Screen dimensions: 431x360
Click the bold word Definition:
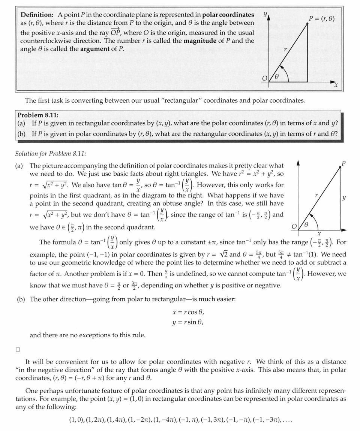pyautogui.click(x=37, y=15)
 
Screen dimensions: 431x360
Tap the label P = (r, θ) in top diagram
pyautogui.click(x=321, y=18)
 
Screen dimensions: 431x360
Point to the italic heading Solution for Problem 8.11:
pyautogui.click(x=51, y=154)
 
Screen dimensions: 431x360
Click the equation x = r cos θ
pyautogui.click(x=188, y=312)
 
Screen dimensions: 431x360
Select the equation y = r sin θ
pyautogui.click(x=188, y=322)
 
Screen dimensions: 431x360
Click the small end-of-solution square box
pyautogui.click(x=18, y=349)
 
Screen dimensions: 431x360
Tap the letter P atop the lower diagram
pyautogui.click(x=343, y=163)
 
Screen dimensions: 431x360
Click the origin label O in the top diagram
pyautogui.click(x=265, y=78)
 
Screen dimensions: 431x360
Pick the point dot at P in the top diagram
pyautogui.click(x=307, y=23)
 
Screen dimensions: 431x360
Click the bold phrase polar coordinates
pyautogui.click(x=228, y=15)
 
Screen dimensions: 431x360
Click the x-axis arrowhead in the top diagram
pyautogui.click(x=333, y=81)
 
